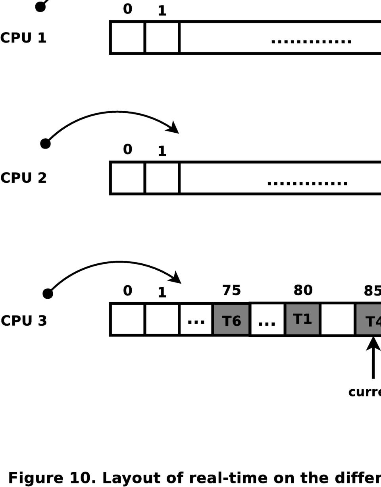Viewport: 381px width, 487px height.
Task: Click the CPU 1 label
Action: [x=23, y=38]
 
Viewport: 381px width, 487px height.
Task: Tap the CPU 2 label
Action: [x=23, y=178]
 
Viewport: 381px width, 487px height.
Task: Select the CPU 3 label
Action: [x=24, y=321]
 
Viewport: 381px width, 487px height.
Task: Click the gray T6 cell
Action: [x=231, y=320]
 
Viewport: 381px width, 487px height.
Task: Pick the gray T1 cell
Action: [x=302, y=319]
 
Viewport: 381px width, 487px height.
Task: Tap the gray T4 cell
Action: [x=369, y=320]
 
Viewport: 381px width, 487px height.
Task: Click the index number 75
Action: [x=231, y=290]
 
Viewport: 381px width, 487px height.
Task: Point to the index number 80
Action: [x=303, y=290]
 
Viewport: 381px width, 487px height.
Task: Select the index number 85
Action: [x=372, y=291]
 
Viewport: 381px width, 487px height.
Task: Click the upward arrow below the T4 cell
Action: [x=373, y=358]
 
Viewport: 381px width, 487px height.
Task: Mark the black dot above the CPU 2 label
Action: [x=45, y=143]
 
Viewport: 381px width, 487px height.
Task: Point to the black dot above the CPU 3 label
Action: [x=48, y=294]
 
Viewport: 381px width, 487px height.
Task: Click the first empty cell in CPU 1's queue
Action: [x=128, y=37]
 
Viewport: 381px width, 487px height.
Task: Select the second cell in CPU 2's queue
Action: [x=162, y=178]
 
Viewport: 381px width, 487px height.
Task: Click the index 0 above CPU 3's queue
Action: [x=127, y=290]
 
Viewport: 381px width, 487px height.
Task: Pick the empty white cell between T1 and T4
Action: [x=337, y=319]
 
